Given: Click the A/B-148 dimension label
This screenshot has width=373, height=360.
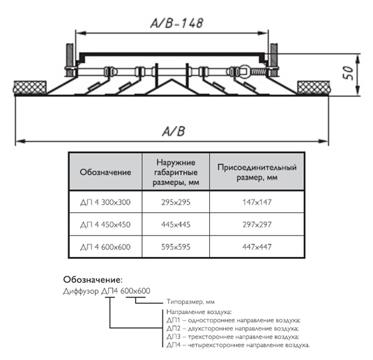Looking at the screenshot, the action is tap(177, 23).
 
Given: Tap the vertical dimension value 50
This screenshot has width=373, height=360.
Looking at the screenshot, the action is tap(348, 72).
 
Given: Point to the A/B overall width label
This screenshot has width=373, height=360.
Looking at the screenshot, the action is tap(174, 131).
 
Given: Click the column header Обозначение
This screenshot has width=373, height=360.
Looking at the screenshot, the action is tap(105, 172).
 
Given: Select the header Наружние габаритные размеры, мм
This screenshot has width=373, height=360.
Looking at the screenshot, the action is tap(176, 172).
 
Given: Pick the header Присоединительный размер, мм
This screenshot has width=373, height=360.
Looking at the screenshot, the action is tap(257, 172).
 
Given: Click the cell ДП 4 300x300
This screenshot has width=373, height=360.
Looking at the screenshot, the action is tap(105, 202).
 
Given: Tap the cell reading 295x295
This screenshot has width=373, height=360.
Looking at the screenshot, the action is tap(176, 202).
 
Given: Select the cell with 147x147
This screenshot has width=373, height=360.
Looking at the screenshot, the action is tap(257, 202).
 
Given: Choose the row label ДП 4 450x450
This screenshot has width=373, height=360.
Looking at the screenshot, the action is tap(105, 224).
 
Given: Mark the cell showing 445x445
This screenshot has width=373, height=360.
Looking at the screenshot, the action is tap(176, 224).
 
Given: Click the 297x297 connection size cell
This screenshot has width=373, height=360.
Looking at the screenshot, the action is tap(257, 224).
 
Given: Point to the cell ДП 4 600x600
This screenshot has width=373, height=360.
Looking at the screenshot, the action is tap(105, 247).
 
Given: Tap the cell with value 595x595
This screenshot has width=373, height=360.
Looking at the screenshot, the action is tap(176, 247).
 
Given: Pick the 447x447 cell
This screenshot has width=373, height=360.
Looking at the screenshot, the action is tap(257, 247).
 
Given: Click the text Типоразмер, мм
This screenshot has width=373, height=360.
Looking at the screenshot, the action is tap(190, 302).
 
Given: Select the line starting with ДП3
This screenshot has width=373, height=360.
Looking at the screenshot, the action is tap(233, 337).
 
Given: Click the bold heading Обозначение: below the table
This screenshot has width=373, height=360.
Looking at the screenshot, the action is tap(93, 280).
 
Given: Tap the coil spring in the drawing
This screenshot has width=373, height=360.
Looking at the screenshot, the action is tap(259, 71).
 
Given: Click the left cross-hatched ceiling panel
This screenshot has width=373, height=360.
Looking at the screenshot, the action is tap(30, 88).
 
